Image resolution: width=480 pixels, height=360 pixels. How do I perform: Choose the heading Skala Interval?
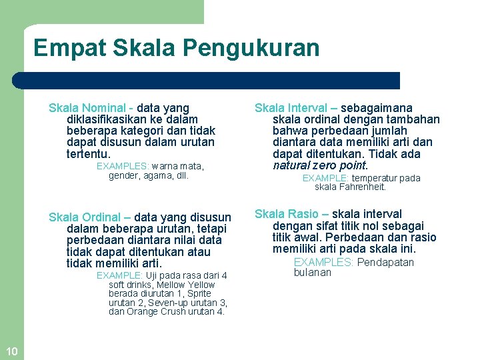tap(291, 108)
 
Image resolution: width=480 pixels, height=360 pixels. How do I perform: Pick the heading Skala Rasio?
tap(287, 214)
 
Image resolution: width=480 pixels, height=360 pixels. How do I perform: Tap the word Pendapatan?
tap(385, 262)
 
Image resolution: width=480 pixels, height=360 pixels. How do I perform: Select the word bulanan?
tap(312, 272)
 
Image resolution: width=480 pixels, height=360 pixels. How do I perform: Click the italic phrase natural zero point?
tap(320, 165)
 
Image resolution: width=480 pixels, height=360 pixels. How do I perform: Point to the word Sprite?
tap(199, 293)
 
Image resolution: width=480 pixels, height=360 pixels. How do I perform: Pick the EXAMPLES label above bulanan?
tap(323, 262)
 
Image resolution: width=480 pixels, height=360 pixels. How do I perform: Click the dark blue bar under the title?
tap(207, 81)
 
